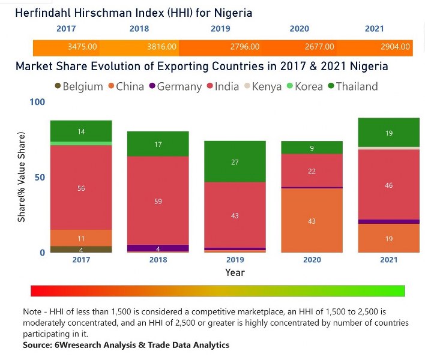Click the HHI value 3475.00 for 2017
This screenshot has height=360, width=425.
pyautogui.click(x=81, y=47)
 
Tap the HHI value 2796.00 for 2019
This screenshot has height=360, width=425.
pyautogui.click(x=244, y=47)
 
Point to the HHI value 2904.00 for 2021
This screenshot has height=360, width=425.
pyautogui.click(x=396, y=47)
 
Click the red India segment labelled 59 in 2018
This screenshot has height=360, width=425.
pyautogui.click(x=158, y=200)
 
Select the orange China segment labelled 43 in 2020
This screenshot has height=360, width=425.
pyautogui.click(x=312, y=221)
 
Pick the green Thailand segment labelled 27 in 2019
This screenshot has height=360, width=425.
pyautogui.click(x=235, y=161)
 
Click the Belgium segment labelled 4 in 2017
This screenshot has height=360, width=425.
pyautogui.click(x=81, y=249)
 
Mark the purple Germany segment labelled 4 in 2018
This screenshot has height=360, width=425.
pyautogui.click(x=158, y=248)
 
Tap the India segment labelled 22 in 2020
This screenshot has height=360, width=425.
pyautogui.click(x=312, y=171)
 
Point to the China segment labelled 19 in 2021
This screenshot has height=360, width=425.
pyautogui.click(x=388, y=238)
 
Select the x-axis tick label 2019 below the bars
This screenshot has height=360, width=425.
pyautogui.click(x=235, y=260)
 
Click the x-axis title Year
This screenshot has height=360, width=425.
pyautogui.click(x=235, y=272)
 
